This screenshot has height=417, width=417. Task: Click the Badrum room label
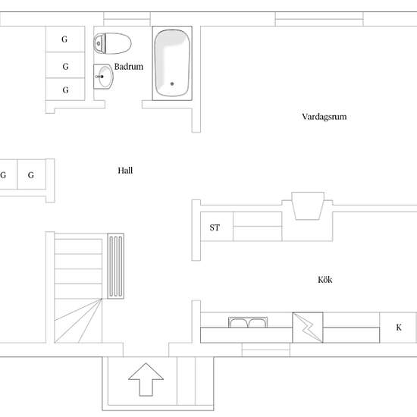[129, 67]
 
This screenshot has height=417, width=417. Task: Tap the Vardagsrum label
[325, 117]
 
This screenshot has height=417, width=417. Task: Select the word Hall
[125, 171]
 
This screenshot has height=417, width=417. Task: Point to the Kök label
[325, 280]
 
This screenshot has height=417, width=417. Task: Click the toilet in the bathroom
[112, 43]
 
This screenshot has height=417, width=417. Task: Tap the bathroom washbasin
[103, 77]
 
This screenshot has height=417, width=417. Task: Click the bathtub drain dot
[172, 83]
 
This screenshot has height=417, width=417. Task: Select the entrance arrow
[146, 380]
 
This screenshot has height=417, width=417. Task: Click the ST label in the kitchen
[215, 227]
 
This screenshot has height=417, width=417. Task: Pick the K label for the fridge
[399, 328]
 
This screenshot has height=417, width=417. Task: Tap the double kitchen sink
[248, 322]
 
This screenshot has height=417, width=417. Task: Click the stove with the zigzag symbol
[308, 328]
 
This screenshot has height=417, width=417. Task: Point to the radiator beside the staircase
[116, 266]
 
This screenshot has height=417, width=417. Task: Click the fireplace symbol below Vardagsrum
[308, 205]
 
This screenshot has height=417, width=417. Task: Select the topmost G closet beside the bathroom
[65, 39]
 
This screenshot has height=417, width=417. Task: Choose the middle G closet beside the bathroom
[65, 65]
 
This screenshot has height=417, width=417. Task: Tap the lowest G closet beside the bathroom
[65, 89]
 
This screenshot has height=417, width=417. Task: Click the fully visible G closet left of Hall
[31, 174]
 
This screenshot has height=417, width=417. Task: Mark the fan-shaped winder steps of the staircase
[78, 321]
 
